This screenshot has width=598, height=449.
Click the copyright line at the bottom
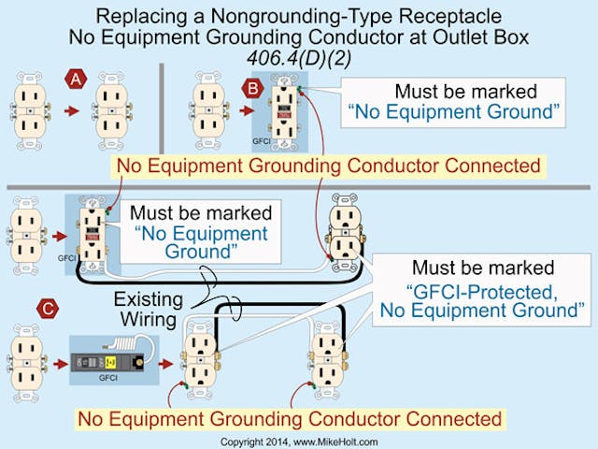tap(298, 440)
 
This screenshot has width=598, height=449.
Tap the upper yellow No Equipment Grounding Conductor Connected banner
tap(328, 167)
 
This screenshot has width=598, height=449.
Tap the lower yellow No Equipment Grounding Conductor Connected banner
tap(290, 418)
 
